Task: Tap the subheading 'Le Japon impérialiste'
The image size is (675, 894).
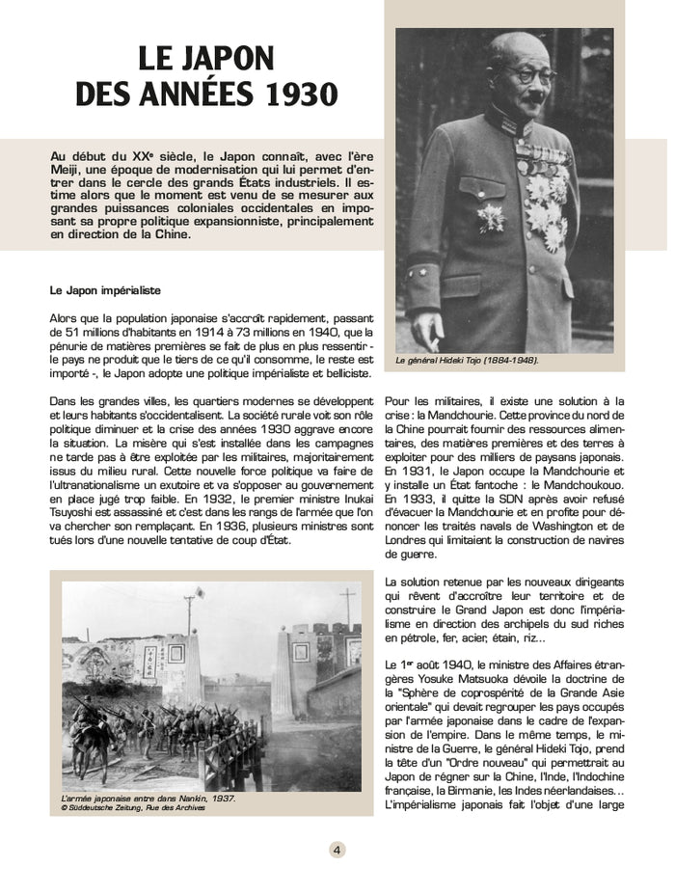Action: point(105,289)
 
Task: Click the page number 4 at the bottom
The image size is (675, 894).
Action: point(337,850)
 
